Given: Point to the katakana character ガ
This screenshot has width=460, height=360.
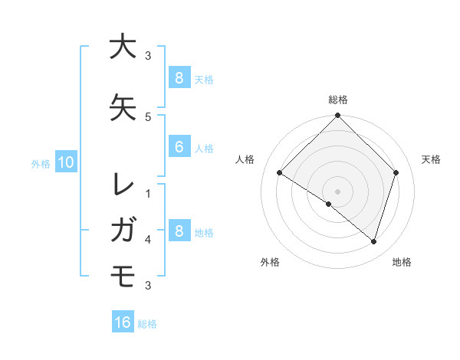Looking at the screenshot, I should pyautogui.click(x=123, y=229).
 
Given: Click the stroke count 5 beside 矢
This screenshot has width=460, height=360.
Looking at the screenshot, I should pyautogui.click(x=148, y=116).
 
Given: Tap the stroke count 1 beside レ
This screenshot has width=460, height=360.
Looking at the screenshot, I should pyautogui.click(x=148, y=194).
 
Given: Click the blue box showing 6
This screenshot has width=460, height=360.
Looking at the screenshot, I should pyautogui.click(x=179, y=147).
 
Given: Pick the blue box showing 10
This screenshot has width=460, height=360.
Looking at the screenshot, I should pyautogui.click(x=65, y=162).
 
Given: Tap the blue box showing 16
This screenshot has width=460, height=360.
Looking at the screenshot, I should pyautogui.click(x=123, y=322).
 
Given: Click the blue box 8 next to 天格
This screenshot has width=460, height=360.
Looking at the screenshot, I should pyautogui.click(x=179, y=77).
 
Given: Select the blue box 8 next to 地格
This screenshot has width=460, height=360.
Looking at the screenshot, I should pyautogui.click(x=179, y=231).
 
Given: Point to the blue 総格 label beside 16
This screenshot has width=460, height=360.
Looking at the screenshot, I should pyautogui.click(x=147, y=324).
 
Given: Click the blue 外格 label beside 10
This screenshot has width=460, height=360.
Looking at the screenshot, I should pyautogui.click(x=41, y=163).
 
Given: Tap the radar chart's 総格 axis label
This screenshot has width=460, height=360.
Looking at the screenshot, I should pyautogui.click(x=337, y=100).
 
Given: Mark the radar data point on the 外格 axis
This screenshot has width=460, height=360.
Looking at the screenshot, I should pyautogui.click(x=329, y=204).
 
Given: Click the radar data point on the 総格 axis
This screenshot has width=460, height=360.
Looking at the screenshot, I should pyautogui.click(x=337, y=116).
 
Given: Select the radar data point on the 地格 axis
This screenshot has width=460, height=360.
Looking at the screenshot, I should pyautogui.click(x=373, y=241).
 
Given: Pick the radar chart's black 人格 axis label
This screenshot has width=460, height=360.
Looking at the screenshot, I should pyautogui.click(x=245, y=159).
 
